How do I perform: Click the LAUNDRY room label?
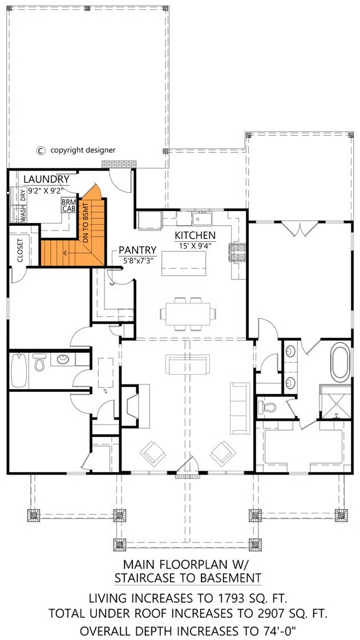pyautogui.click(x=46, y=179)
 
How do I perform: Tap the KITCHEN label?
pyautogui.click(x=195, y=236)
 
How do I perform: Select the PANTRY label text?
pyautogui.click(x=137, y=250)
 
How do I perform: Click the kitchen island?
pyautogui.click(x=183, y=264)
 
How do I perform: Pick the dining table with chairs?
pyautogui.click(x=188, y=314)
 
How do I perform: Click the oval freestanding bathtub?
pyautogui.click(x=341, y=362)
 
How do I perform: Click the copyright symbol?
pyautogui.click(x=41, y=150)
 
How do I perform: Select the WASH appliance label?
pyautogui.click(x=23, y=215)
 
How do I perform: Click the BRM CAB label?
pyautogui.click(x=67, y=205)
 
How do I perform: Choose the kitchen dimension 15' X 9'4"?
pyautogui.click(x=195, y=246)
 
